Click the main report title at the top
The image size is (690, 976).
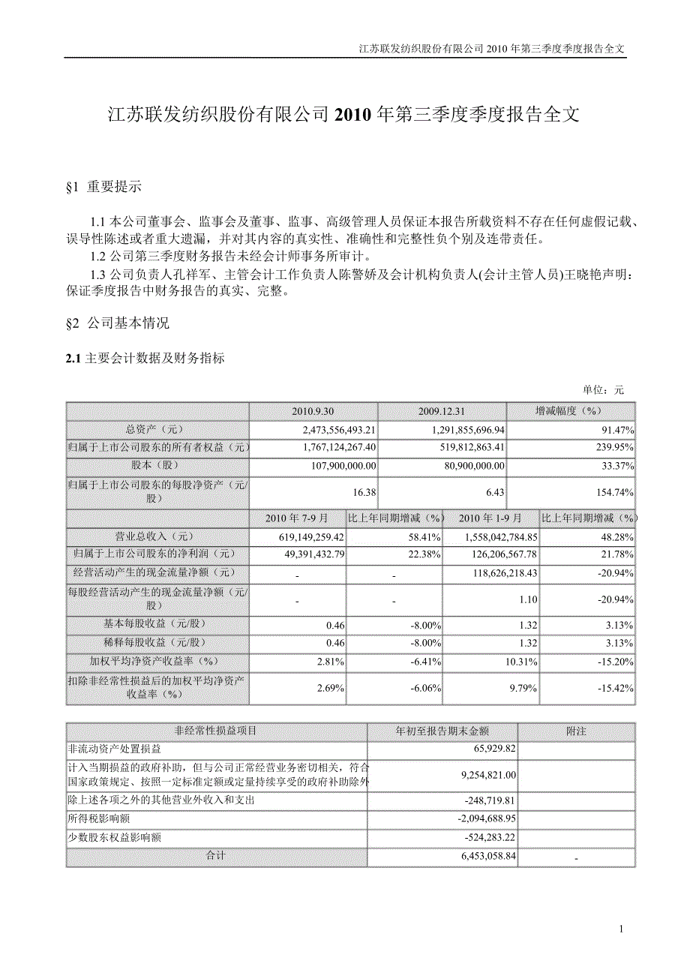point(344,115)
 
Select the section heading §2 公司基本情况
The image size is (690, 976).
point(118,323)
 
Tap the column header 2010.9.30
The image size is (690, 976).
point(313,412)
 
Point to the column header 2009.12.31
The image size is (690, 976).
point(442,412)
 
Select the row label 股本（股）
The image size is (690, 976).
point(157,465)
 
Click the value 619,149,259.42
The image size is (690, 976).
point(304,538)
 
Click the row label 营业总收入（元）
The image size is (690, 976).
point(157,537)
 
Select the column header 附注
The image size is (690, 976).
point(575,731)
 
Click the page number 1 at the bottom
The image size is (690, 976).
point(622,930)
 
